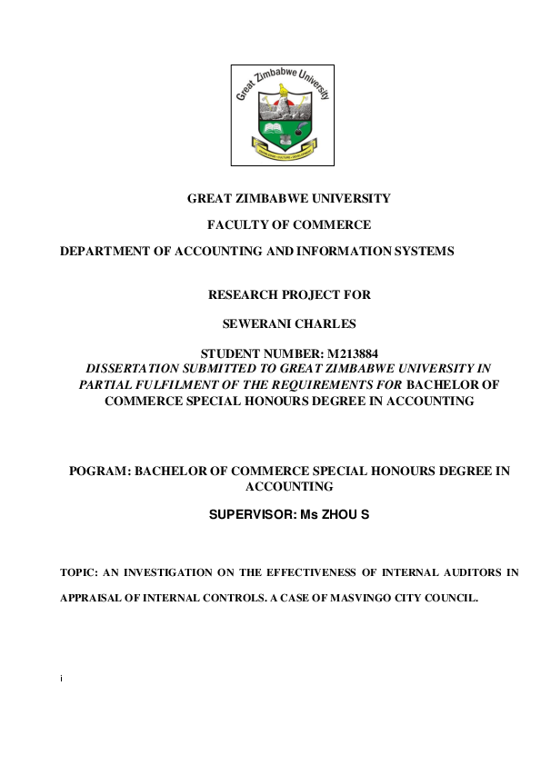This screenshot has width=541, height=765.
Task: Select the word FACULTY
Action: [247, 224]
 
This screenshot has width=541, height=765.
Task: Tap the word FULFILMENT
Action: [179, 384]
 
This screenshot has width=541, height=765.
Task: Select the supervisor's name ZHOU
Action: [336, 514]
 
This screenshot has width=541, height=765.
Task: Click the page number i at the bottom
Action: [60, 677]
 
